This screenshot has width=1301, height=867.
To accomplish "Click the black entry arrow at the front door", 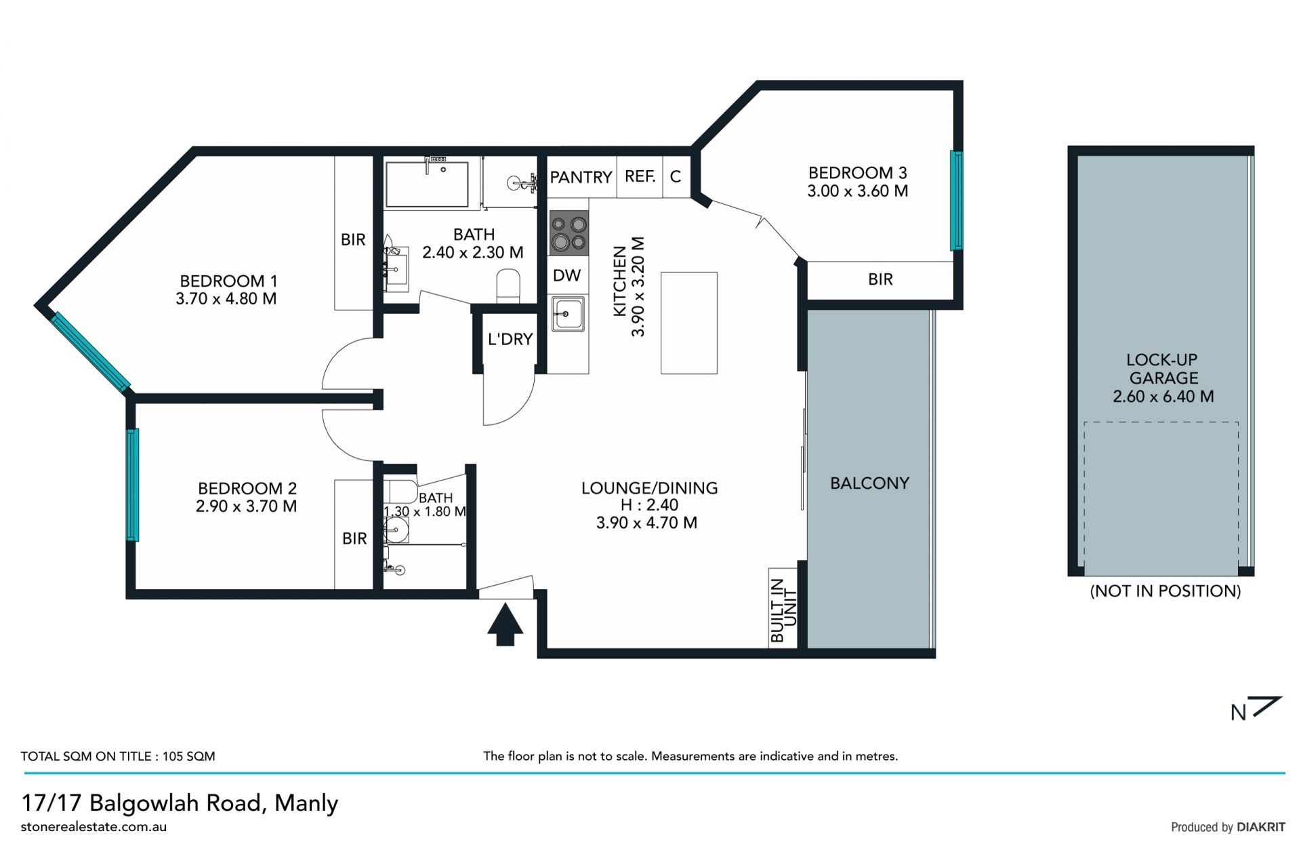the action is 505,624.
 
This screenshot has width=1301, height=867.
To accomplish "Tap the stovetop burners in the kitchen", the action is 569,233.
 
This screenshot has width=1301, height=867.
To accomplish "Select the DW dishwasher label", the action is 566,275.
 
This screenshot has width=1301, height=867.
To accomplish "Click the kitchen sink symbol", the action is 568,314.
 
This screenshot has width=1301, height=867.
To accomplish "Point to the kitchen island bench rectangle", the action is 688,323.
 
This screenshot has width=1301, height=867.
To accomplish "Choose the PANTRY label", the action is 581,178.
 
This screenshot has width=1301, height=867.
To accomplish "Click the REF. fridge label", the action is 640,177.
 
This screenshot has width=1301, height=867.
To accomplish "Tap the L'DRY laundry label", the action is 510,339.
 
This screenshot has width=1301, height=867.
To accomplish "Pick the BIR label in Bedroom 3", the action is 880,279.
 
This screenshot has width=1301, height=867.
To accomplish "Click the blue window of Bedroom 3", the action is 956,200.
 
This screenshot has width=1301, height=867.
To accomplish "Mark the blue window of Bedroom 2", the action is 133,485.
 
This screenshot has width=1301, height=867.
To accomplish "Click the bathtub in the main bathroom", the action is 427,184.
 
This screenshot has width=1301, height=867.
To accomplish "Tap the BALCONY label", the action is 869,483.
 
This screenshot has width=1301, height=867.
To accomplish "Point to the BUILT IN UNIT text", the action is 783,611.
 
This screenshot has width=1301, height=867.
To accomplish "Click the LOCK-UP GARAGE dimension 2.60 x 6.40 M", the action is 1163,397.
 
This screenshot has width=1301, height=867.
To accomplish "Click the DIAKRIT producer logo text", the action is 1260,827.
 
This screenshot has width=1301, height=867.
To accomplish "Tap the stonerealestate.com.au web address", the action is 94,827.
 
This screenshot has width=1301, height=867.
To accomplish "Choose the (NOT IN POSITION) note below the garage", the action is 1165,591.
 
